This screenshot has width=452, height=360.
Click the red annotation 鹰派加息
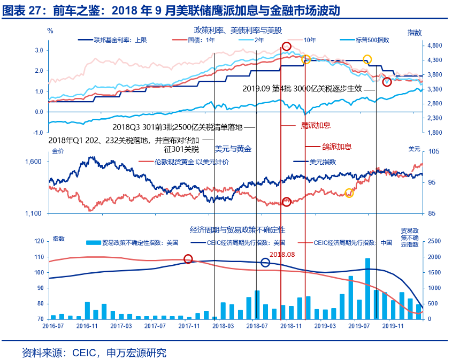(x=316, y=126)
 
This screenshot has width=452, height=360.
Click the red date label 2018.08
(x=282, y=255)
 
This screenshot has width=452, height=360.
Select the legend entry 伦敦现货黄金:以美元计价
(x=191, y=162)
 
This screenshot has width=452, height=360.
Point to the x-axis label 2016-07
(x=52, y=325)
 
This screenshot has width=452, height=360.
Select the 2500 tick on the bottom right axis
(x=433, y=242)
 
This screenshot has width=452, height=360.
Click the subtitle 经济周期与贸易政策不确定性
(x=238, y=229)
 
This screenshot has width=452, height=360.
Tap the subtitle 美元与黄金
(x=233, y=148)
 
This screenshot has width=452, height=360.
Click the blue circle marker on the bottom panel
(x=265, y=262)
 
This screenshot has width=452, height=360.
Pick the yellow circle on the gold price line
(x=349, y=193)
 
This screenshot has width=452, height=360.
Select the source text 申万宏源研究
(x=136, y=353)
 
